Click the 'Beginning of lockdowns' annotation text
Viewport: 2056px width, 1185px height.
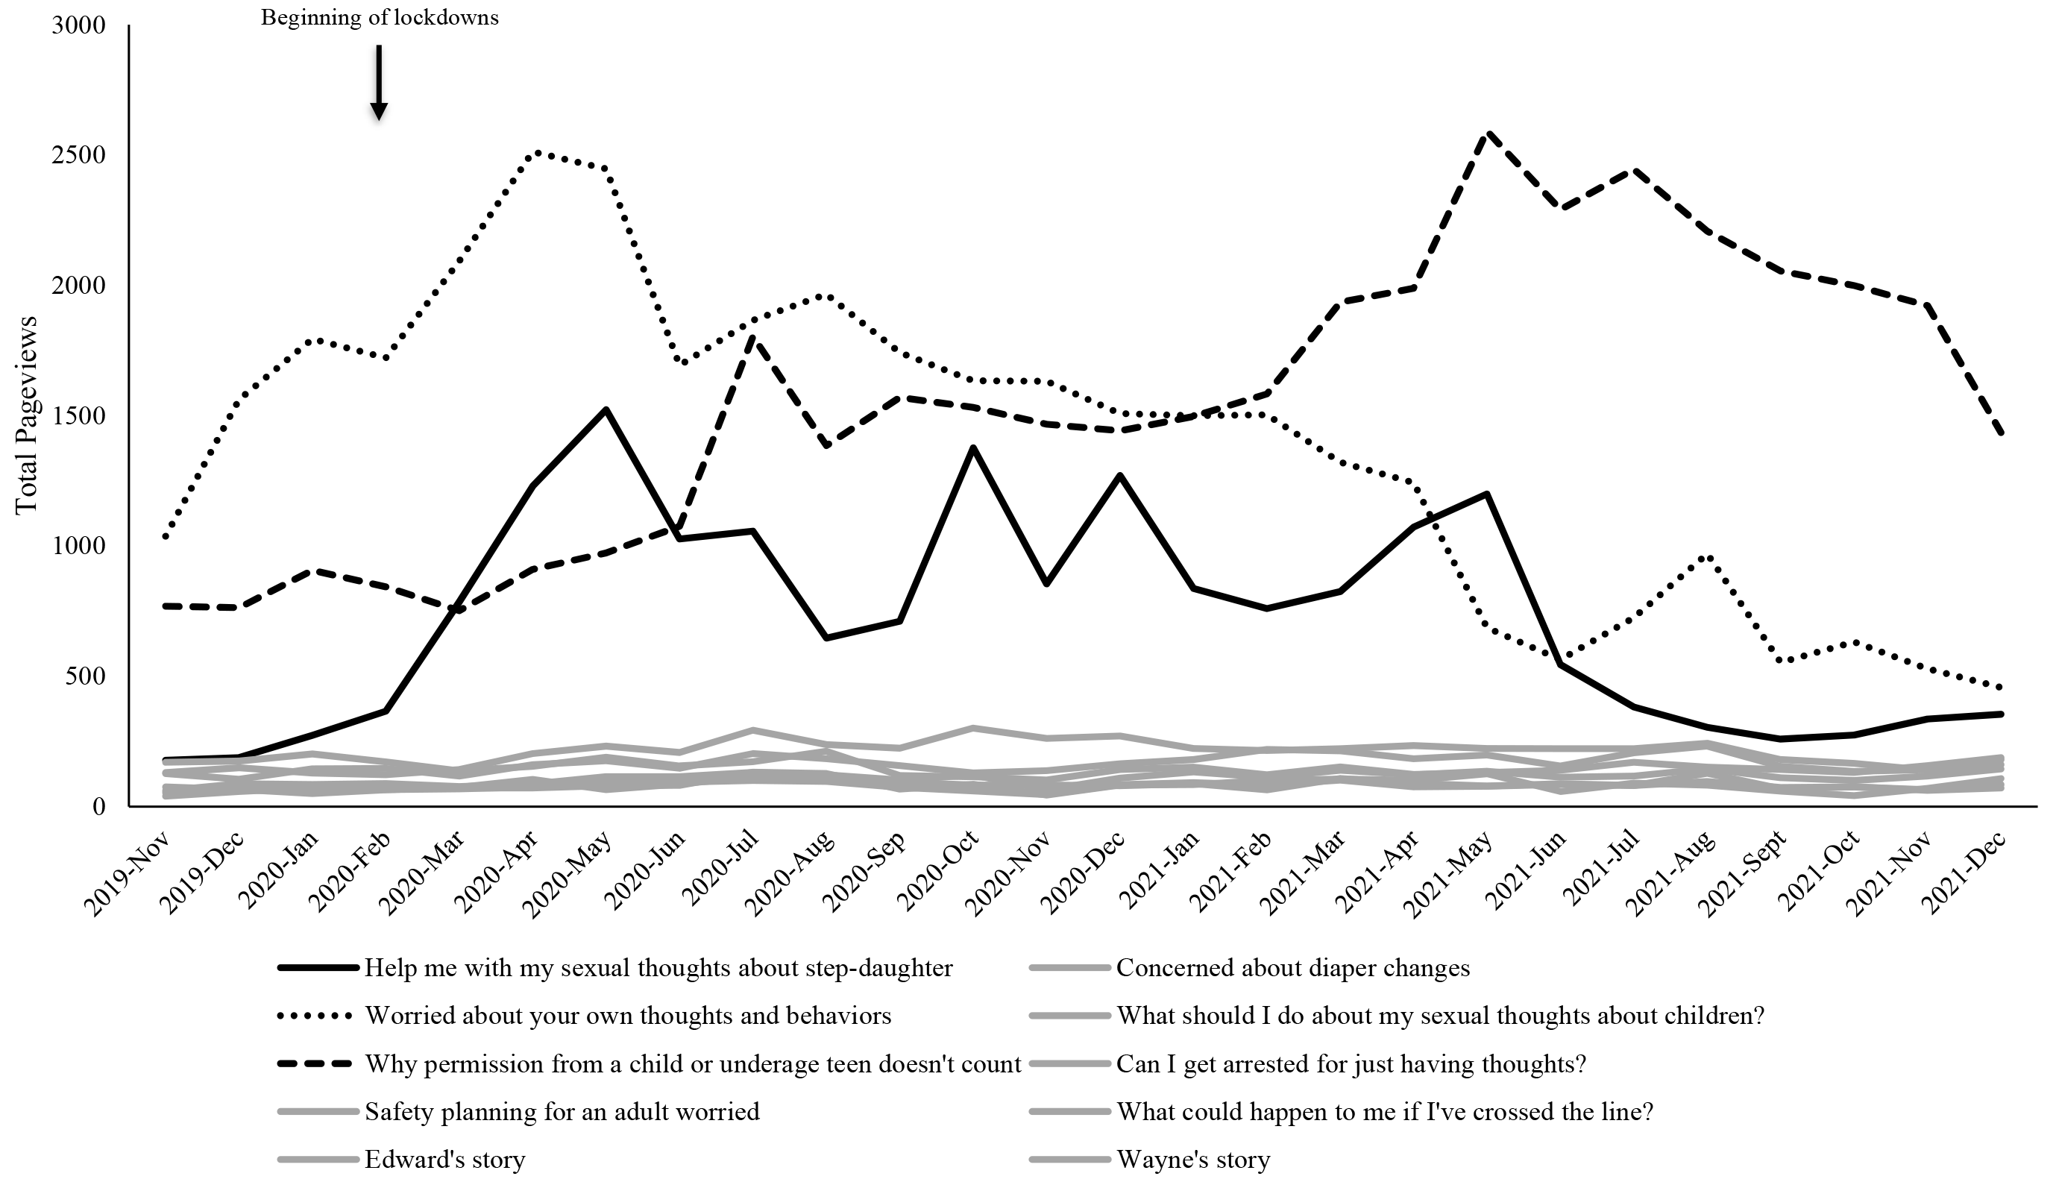coord(379,18)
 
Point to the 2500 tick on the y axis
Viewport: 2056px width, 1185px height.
coord(79,154)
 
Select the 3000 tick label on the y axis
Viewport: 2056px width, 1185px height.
coord(79,25)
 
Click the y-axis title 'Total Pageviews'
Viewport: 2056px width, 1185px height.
coord(26,415)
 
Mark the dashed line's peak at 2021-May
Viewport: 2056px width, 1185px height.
coord(1488,133)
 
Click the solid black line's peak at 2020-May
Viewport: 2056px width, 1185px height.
coord(606,409)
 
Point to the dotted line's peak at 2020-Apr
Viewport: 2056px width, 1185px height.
coord(533,152)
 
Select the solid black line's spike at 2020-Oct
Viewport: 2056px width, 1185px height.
coord(973,447)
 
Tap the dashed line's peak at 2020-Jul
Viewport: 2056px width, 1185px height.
coord(753,338)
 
